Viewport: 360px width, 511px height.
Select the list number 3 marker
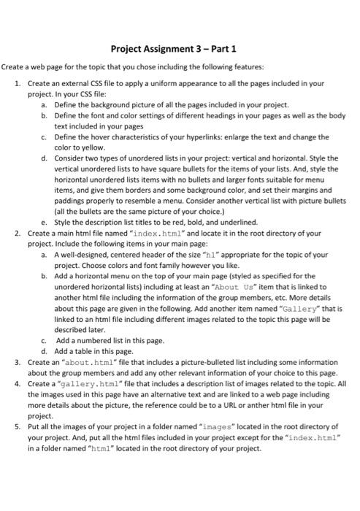pyautogui.click(x=18, y=363)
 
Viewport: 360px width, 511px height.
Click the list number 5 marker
pyautogui.click(x=18, y=424)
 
